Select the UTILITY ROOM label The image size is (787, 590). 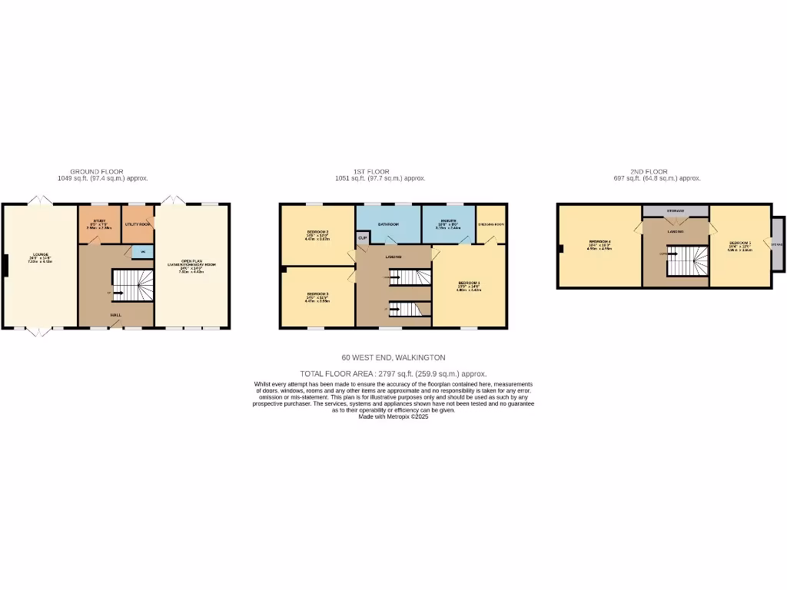point(138,224)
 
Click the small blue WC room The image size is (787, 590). point(142,250)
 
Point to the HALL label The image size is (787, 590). point(115,314)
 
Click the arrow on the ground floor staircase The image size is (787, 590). point(118,292)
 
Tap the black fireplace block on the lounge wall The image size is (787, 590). point(5,265)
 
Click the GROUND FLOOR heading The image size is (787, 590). point(96,171)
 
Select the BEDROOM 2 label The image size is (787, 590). point(317,232)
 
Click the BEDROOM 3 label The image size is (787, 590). point(317,294)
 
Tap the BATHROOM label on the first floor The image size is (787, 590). point(388,224)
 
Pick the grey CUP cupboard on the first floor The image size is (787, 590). point(362,238)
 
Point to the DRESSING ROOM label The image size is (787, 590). point(491,224)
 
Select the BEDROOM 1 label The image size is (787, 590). point(469,283)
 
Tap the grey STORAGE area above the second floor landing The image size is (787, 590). point(676,210)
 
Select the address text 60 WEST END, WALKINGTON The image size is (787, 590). point(393,357)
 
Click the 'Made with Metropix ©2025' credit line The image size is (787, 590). point(393,416)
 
